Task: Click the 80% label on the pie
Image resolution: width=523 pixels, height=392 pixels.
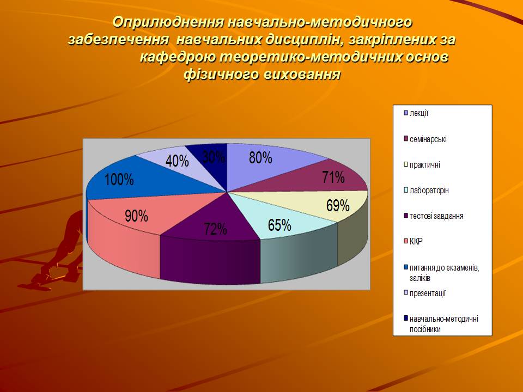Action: click(x=260, y=157)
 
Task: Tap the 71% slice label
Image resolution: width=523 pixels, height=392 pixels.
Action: click(x=333, y=177)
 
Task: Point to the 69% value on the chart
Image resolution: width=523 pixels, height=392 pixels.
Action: click(x=338, y=206)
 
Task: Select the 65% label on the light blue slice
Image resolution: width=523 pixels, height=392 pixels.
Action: click(x=279, y=225)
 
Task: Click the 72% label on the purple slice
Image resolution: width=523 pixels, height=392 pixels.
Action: click(x=216, y=229)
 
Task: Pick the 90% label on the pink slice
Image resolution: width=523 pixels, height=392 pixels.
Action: click(x=136, y=216)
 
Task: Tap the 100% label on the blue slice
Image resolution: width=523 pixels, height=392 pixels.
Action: click(x=119, y=180)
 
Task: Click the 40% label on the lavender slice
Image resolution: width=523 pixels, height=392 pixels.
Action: click(x=177, y=161)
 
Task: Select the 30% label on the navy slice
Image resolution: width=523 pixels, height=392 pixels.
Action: click(x=214, y=157)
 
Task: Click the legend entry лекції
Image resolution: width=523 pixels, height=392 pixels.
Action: click(x=419, y=113)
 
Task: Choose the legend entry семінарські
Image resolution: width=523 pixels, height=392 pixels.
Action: click(x=428, y=139)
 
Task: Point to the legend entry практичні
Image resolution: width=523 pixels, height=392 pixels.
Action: click(x=424, y=164)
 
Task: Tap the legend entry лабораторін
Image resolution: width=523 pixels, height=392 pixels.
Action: click(x=429, y=191)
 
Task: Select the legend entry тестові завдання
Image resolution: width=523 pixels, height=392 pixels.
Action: click(x=436, y=216)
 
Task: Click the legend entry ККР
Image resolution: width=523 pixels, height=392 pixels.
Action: click(x=416, y=241)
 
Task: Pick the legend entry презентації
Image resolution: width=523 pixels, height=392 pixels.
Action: click(x=428, y=293)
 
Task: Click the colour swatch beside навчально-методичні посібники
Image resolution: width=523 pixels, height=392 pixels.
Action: click(x=406, y=318)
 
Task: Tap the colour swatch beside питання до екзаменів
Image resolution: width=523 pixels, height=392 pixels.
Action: click(x=406, y=267)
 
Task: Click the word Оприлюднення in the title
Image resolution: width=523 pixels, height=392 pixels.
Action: click(x=168, y=22)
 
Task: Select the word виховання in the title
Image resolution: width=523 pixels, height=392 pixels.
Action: click(x=302, y=74)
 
